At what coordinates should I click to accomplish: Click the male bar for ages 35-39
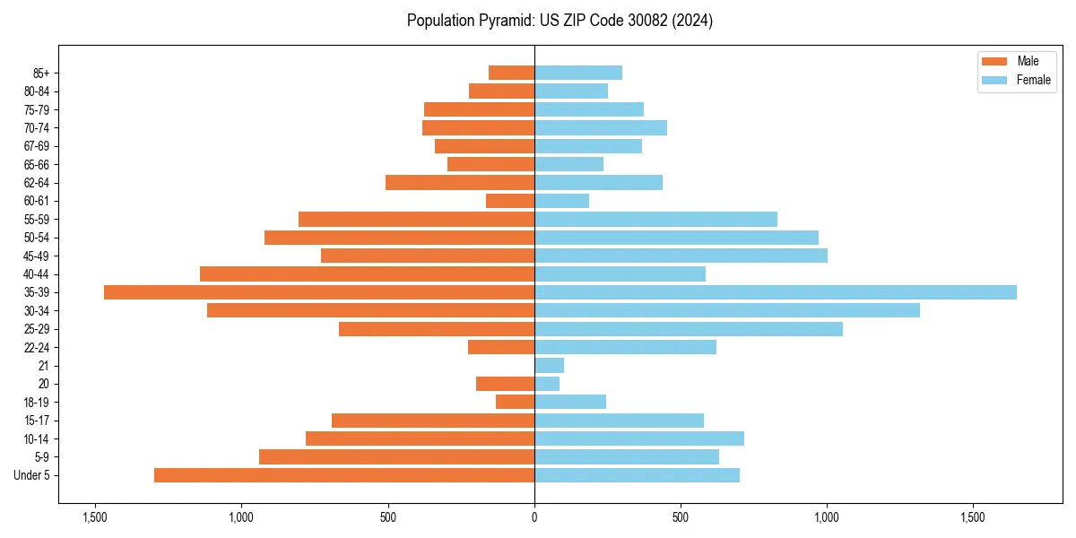[319, 292]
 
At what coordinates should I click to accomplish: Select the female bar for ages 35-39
[776, 292]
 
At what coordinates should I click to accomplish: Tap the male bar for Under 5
[344, 475]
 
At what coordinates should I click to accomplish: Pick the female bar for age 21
[549, 365]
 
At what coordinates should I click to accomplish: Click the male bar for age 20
[505, 384]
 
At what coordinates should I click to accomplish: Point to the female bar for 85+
[578, 73]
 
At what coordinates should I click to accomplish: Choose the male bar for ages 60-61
[510, 201]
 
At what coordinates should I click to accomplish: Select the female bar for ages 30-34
[727, 310]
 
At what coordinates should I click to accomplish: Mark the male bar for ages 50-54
[399, 238]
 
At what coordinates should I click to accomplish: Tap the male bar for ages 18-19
[515, 402]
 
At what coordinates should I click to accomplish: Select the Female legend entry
[1017, 80]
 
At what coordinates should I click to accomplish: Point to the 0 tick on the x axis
[534, 517]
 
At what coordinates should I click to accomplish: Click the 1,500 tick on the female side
[974, 517]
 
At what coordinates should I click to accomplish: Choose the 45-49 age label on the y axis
[37, 256]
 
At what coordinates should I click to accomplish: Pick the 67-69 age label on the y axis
[37, 146]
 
